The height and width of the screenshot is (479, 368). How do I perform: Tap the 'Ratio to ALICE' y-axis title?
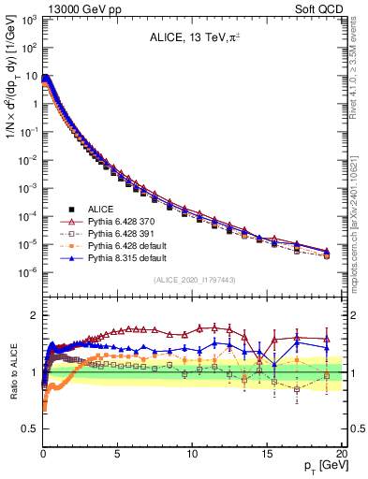tap(13, 371)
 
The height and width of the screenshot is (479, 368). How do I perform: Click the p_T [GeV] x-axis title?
tap(317, 466)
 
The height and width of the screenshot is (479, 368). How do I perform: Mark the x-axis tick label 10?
tap(191, 452)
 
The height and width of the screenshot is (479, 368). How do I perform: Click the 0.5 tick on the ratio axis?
tap(29, 428)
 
